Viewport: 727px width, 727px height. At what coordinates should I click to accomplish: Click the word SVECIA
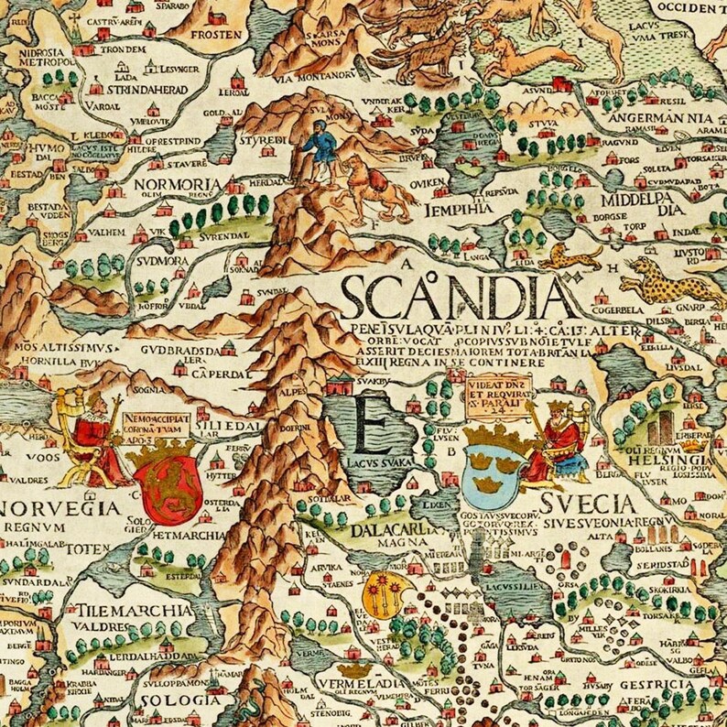pyautogui.click(x=587, y=505)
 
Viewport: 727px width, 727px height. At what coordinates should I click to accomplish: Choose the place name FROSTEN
pyautogui.click(x=216, y=36)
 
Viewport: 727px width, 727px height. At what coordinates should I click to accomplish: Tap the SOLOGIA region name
pyautogui.click(x=168, y=701)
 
